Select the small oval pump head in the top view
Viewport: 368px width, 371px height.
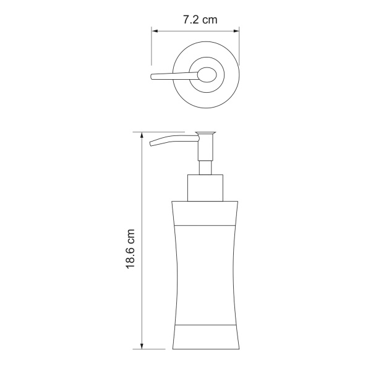click(x=206, y=76)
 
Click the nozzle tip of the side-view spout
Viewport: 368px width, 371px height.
click(x=152, y=145)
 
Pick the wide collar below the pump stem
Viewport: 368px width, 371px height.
click(x=205, y=189)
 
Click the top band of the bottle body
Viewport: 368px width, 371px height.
click(x=205, y=215)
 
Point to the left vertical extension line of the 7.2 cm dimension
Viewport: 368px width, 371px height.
click(x=152, y=46)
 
